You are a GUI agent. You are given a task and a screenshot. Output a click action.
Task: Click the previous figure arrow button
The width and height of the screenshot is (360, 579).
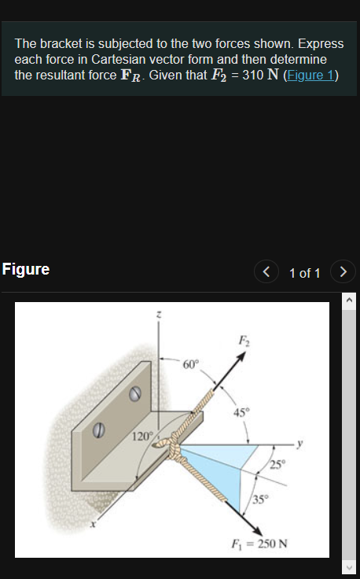266,272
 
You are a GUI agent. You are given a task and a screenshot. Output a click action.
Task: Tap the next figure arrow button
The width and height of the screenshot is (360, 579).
343,272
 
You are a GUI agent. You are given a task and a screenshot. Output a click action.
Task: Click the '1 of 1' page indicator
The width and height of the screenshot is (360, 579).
304,273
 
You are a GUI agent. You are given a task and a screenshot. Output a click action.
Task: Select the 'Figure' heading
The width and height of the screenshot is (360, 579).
26,270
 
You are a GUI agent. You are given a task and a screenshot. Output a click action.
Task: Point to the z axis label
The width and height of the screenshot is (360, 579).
160,314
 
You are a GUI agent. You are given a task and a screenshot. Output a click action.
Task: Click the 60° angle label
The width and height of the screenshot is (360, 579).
191,364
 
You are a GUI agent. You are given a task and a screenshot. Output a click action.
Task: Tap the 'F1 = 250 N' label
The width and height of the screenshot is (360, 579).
259,544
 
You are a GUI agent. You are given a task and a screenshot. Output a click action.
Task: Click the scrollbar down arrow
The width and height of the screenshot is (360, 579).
351,569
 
